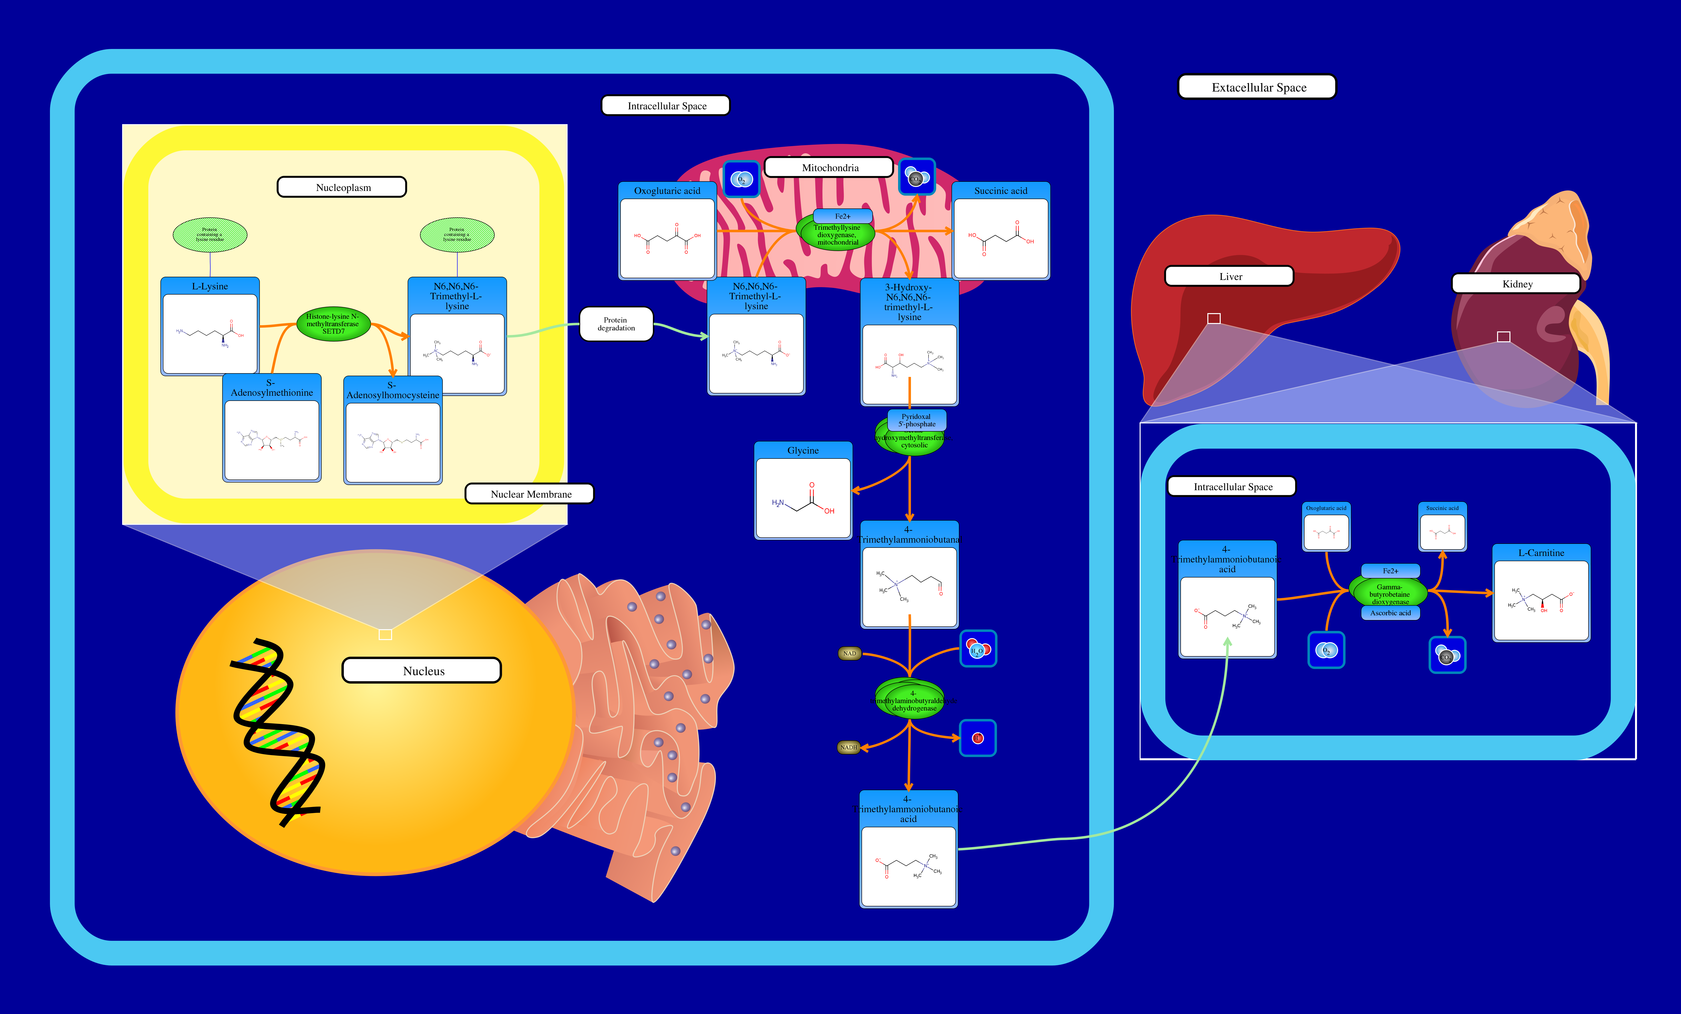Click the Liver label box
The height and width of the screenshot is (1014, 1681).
(x=1229, y=276)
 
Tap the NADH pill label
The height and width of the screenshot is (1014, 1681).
(x=848, y=747)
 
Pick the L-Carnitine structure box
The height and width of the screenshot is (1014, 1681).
(x=1541, y=600)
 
